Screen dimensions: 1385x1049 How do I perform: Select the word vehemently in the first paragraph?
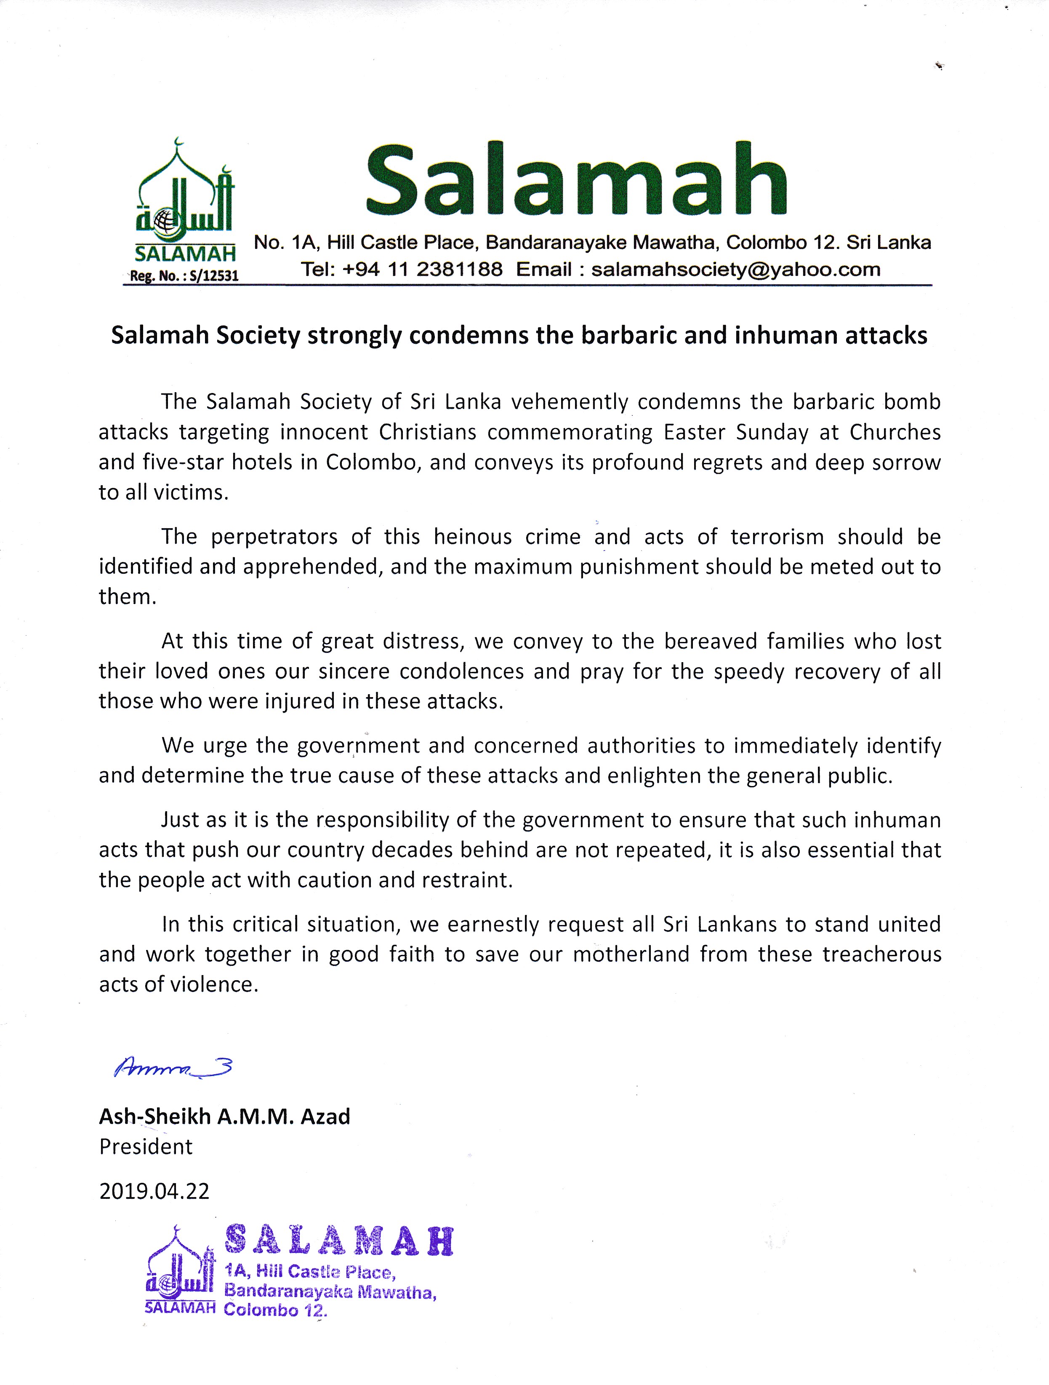(570, 401)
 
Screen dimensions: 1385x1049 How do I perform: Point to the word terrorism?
(777, 537)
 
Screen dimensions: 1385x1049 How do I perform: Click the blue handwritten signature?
(173, 1066)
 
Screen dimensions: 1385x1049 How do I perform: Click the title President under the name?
(146, 1147)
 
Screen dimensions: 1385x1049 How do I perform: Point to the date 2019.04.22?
(154, 1190)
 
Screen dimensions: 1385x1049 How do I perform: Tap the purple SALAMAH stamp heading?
(338, 1241)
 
